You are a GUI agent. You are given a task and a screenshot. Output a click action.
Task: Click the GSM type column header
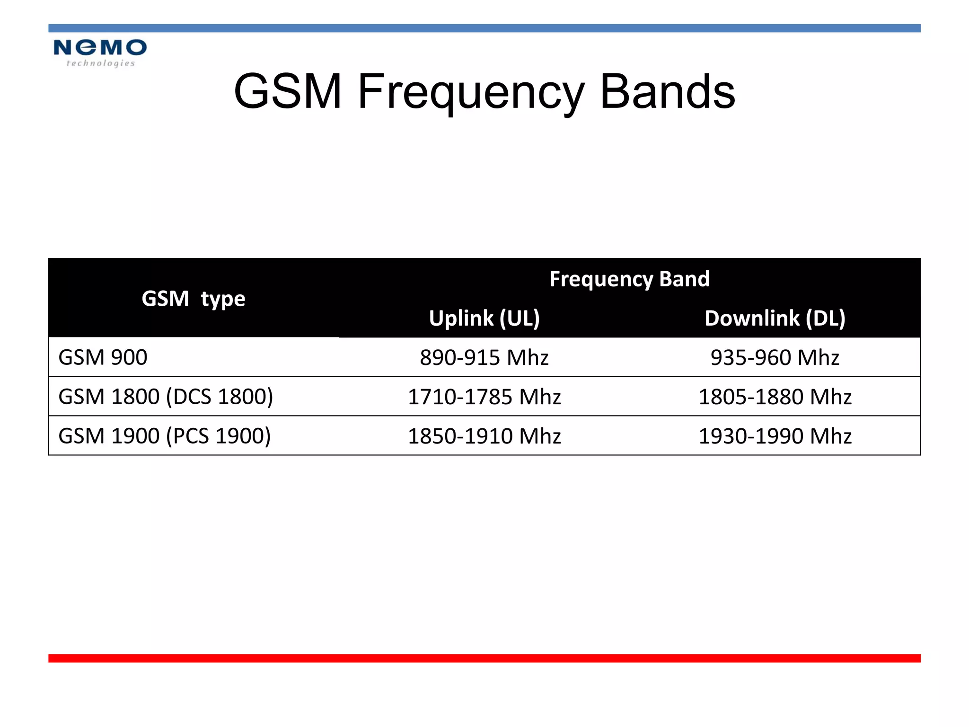click(193, 299)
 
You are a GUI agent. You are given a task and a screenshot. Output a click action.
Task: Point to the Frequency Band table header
click(629, 279)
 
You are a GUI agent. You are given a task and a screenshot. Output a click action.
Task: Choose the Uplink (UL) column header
click(484, 318)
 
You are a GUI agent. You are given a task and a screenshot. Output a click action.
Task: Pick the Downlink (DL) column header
click(775, 318)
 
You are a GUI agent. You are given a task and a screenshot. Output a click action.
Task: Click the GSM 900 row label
click(103, 357)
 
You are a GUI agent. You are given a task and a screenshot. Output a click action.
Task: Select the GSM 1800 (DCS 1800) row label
click(166, 397)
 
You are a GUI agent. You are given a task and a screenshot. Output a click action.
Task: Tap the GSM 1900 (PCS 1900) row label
click(164, 436)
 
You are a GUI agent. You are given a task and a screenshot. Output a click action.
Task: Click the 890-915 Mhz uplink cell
click(484, 357)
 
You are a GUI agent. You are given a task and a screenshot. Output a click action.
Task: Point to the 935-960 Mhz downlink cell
click(775, 357)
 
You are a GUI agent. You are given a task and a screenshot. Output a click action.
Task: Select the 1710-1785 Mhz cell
click(484, 397)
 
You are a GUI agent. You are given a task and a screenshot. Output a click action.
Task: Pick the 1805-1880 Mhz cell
click(775, 397)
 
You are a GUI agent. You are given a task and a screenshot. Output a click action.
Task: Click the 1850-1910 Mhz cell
click(484, 436)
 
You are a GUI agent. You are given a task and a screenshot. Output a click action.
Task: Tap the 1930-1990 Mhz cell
click(775, 436)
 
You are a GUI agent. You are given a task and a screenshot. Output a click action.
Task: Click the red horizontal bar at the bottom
click(484, 658)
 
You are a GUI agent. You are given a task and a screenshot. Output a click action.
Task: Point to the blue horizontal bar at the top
click(484, 28)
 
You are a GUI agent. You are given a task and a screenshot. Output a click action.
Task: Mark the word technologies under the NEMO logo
click(100, 63)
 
